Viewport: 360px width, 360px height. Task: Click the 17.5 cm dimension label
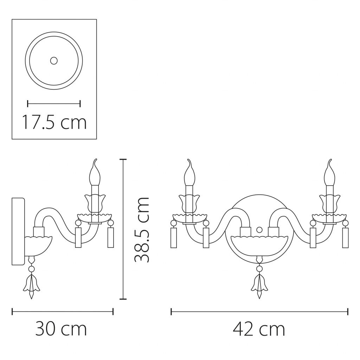[54, 122]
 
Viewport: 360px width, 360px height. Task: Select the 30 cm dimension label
[61, 329]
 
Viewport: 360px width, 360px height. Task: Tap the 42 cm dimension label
[259, 329]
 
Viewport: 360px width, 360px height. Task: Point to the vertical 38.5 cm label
[141, 230]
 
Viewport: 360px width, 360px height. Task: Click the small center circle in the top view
[54, 61]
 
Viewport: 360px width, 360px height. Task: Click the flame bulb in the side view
[95, 172]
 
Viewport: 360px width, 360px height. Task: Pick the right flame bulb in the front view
[329, 172]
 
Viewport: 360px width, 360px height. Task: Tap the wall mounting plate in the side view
[18, 231]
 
